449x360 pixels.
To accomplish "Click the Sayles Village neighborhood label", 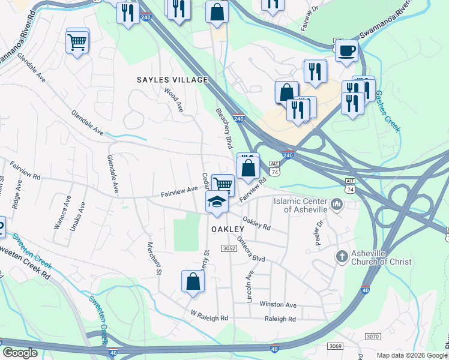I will click(x=172, y=80).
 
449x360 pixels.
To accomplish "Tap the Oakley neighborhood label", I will click(x=228, y=229).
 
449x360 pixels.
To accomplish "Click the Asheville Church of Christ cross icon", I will click(x=342, y=257).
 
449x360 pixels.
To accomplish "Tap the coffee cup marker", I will click(x=346, y=51).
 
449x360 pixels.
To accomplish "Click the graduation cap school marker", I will click(x=216, y=202).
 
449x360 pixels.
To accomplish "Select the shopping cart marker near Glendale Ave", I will click(x=77, y=41).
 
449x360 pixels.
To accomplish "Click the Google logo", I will click(x=19, y=353).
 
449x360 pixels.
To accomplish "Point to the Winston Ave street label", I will click(x=278, y=305).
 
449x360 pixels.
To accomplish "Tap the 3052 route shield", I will click(x=229, y=248).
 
